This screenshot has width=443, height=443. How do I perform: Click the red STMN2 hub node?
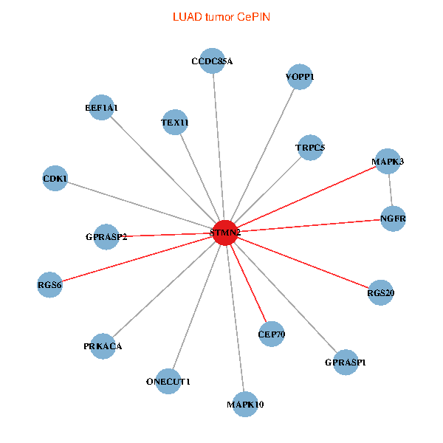(225, 233)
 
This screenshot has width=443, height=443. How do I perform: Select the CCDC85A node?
(212, 61)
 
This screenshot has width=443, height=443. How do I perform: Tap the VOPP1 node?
(299, 77)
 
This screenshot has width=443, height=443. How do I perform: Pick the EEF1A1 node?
(101, 108)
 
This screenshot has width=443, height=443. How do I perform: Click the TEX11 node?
(175, 123)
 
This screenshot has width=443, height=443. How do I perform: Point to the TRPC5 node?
(309, 148)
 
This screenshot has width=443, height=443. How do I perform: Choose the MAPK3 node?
(388, 161)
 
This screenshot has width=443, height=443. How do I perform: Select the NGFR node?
(394, 219)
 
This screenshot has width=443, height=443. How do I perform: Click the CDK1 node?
(55, 179)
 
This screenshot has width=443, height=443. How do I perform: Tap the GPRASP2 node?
(106, 237)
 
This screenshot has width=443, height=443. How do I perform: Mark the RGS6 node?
(50, 284)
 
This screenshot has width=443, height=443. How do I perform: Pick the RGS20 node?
(380, 293)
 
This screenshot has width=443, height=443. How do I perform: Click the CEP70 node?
(271, 334)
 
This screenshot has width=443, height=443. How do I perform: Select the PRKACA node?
(103, 346)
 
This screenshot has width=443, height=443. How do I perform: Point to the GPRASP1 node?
(346, 362)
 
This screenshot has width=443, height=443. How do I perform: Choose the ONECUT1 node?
(168, 382)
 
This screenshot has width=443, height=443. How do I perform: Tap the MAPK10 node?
(245, 404)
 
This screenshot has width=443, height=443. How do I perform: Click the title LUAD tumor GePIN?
(221, 16)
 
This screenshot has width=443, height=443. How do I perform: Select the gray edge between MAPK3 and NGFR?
(391, 190)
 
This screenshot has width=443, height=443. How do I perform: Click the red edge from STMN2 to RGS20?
(303, 263)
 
